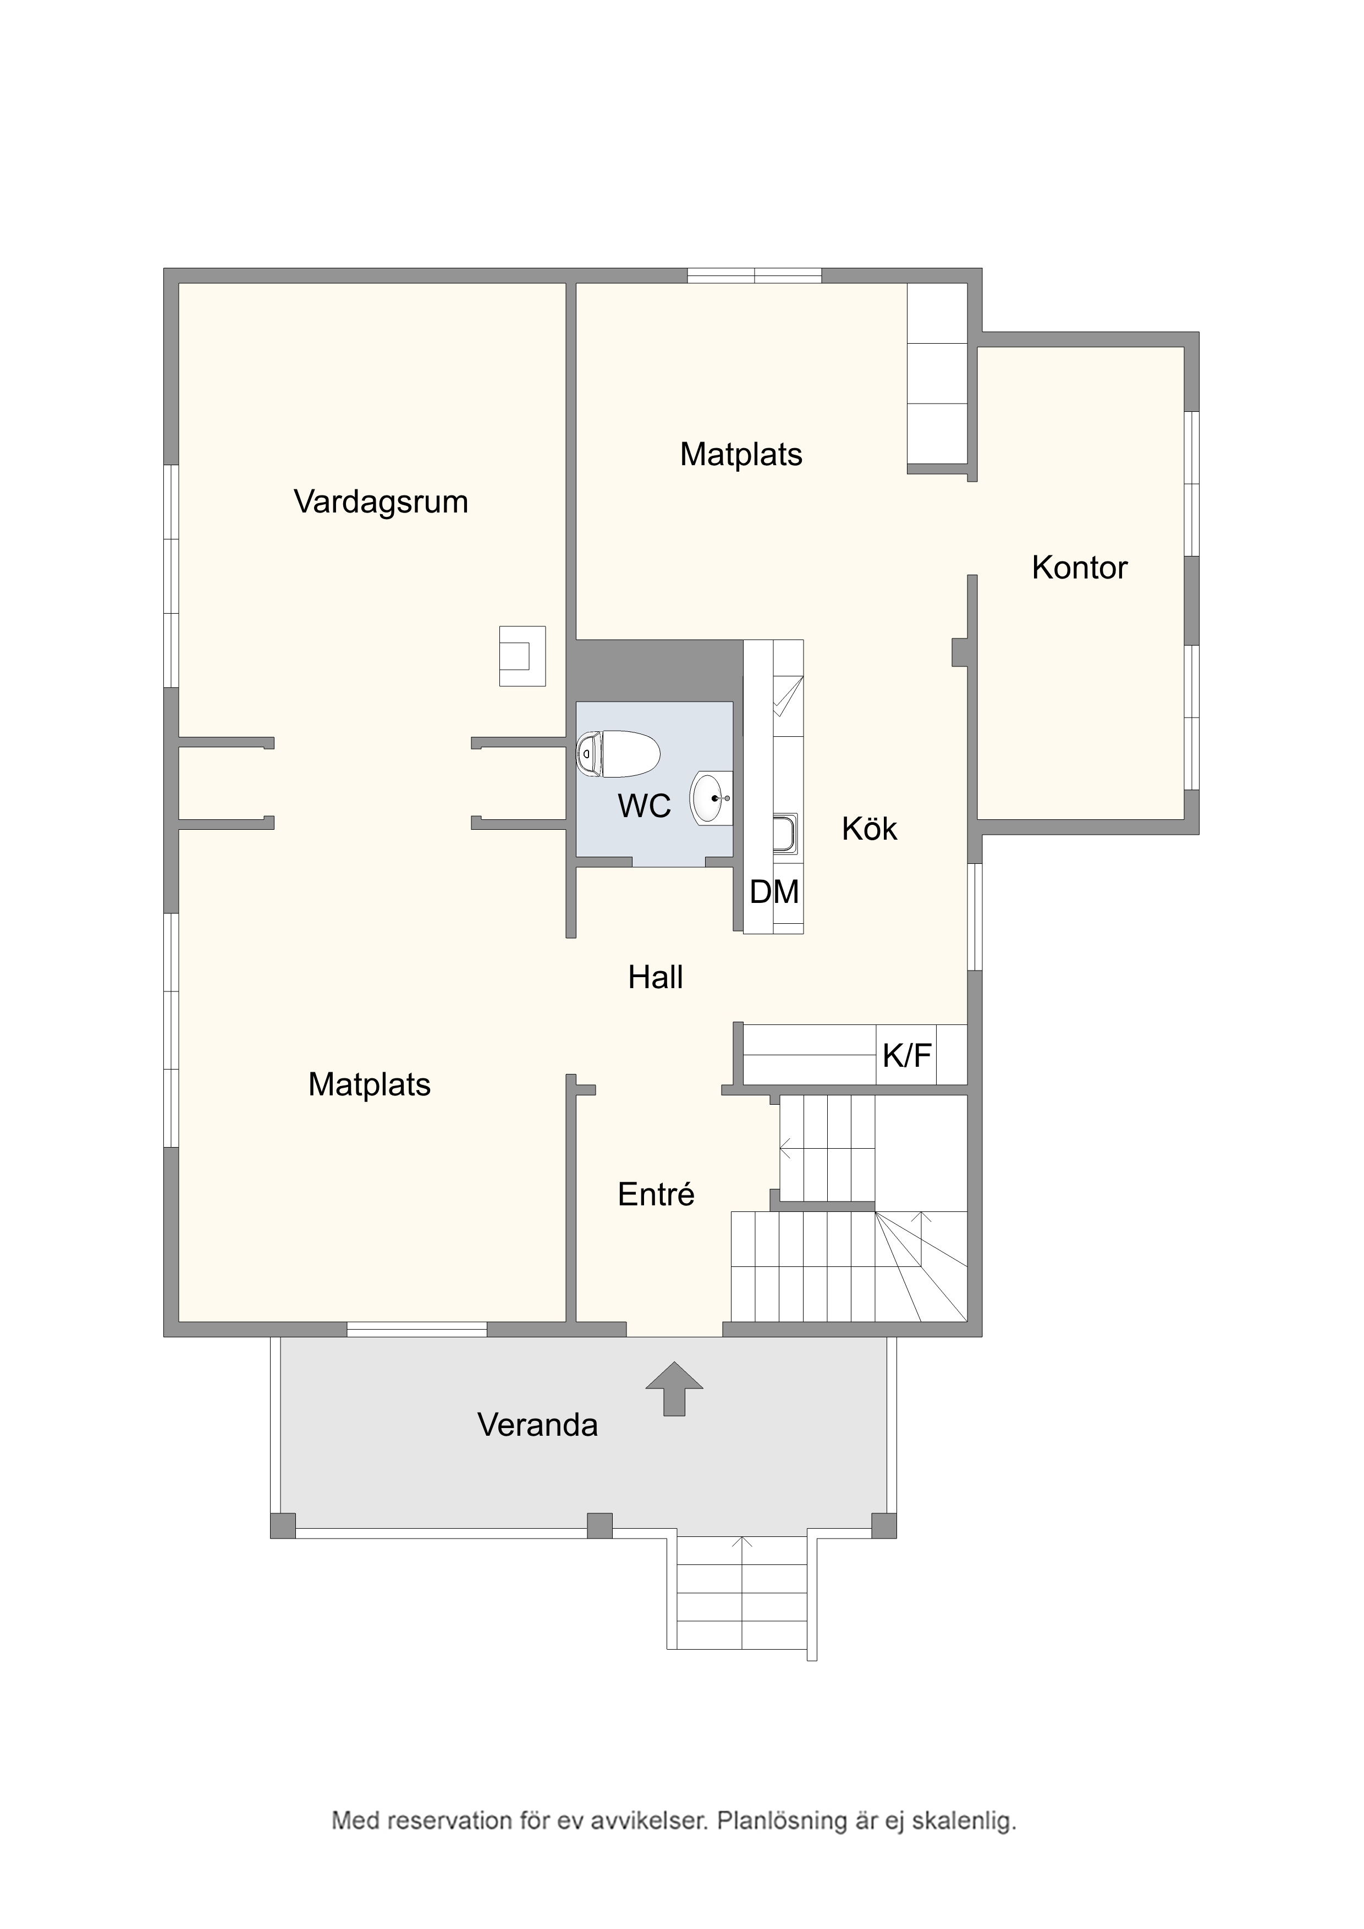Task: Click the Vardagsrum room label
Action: pos(381,503)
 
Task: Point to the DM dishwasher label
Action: pos(774,891)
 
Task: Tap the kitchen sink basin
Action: pos(785,834)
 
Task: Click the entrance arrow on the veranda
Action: pos(674,1389)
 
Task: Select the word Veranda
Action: pos(538,1425)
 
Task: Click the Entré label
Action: pos(656,1195)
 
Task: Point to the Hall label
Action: pos(656,977)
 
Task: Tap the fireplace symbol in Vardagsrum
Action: pos(522,656)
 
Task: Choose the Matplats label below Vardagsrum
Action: pos(370,1084)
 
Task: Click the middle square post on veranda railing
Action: pos(599,1525)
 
